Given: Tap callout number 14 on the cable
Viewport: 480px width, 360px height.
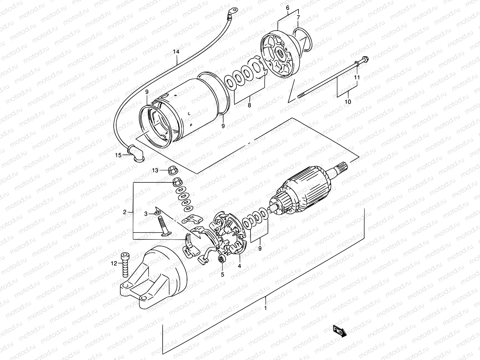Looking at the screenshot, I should pos(176,52).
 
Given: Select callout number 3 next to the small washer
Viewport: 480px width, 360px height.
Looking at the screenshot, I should pos(146,214).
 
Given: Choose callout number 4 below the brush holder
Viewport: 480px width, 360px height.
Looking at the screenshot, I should pos(239,265).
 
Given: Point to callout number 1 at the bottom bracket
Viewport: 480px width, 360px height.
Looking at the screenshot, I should pos(265,308).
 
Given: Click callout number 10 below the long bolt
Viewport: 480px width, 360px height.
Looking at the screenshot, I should pos(347,102).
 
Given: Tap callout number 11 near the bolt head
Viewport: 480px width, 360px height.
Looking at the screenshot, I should pos(357,77).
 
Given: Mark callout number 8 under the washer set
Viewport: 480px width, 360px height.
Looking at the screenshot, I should pos(249,105).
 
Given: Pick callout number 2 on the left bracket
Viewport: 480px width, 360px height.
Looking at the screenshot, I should pos(125,212).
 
